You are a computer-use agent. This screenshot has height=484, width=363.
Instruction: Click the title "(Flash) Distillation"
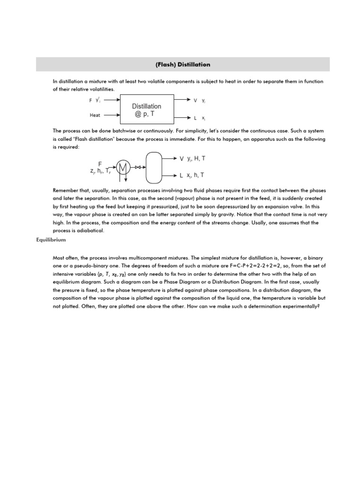coord(183,64)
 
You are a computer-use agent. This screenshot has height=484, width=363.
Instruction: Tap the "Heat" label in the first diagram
coord(95,115)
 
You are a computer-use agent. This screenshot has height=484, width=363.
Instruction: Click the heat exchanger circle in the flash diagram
coord(123,167)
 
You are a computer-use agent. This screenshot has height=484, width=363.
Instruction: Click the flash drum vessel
coord(154,167)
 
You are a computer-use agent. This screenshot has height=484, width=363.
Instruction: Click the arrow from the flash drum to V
coord(170,159)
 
